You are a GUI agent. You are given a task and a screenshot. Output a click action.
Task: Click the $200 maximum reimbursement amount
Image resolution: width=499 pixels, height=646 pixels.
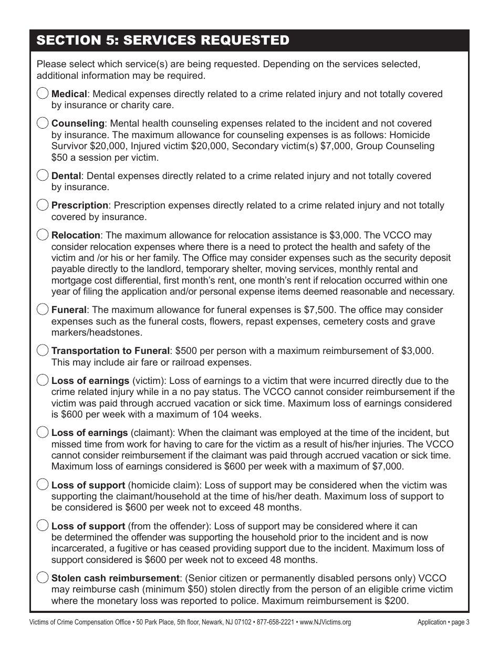(x=396, y=601)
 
